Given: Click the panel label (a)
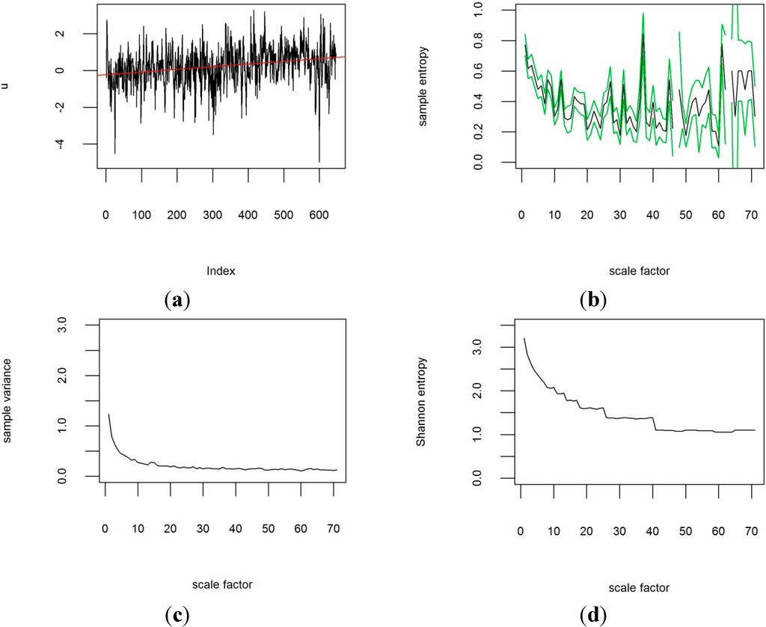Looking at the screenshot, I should [x=177, y=301].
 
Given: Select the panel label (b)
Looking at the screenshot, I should [x=593, y=301].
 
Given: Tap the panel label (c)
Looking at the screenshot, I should [x=177, y=616].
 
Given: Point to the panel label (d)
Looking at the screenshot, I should [x=593, y=616].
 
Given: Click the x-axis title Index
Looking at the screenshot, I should [x=221, y=272].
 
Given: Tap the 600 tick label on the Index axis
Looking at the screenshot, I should [x=319, y=195].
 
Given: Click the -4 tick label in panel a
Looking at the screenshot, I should [x=82, y=144].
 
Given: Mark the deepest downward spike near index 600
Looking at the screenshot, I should [x=319, y=162].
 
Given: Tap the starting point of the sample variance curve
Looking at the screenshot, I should [x=108, y=414].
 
